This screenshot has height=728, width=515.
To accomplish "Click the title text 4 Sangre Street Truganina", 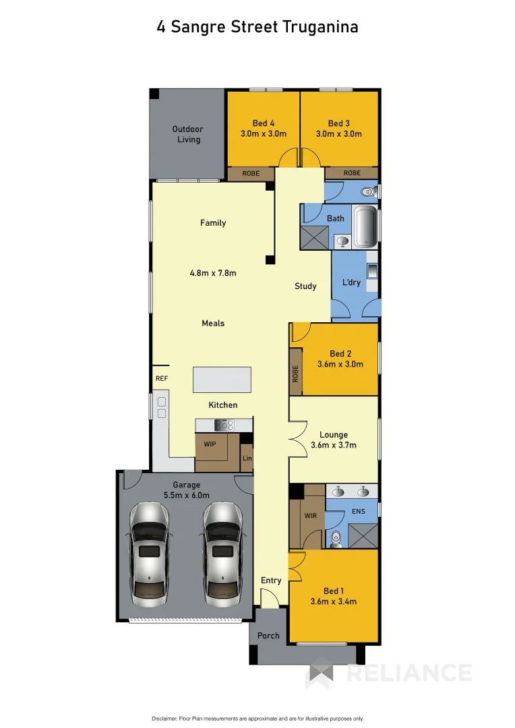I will coord(257,27).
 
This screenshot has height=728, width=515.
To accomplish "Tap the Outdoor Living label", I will coord(187,134).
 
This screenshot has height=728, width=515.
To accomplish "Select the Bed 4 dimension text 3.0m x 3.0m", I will coord(264,133).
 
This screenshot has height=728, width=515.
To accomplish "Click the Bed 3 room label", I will coord(338,123).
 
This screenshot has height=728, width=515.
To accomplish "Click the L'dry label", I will coord(351,282).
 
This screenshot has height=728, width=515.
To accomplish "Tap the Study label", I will coord(305,286).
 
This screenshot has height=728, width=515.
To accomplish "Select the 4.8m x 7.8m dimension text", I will coord(213,273).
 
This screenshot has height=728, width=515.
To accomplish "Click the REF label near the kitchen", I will coord(161,379).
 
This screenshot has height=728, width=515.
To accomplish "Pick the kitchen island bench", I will coord(222,380).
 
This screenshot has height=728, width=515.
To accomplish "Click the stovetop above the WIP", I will coord(223,425).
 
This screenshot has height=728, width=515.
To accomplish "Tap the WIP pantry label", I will coord(210,446).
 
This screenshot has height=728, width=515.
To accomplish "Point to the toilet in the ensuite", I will coord(335,538).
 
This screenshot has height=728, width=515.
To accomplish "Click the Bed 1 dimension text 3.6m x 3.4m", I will coord(333,601).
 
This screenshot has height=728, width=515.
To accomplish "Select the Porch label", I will coord(268,636).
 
